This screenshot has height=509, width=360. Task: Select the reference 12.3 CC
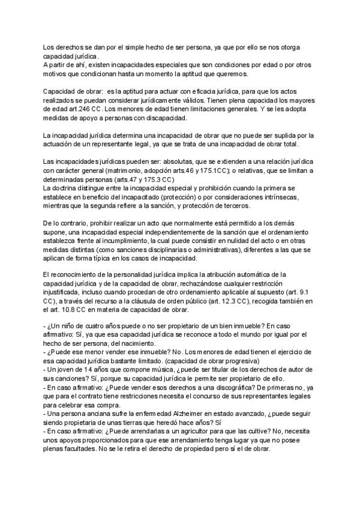point(241,300)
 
